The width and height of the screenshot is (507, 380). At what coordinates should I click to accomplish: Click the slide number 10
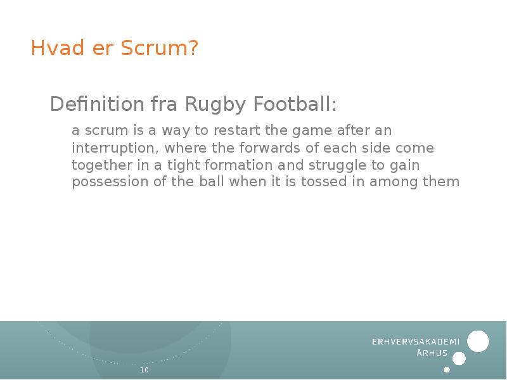click(144, 370)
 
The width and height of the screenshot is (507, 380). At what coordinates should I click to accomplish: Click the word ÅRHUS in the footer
click(432, 353)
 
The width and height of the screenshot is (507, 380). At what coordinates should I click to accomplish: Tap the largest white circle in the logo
click(478, 341)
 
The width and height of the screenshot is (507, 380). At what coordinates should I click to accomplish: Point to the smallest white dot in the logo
click(447, 369)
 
